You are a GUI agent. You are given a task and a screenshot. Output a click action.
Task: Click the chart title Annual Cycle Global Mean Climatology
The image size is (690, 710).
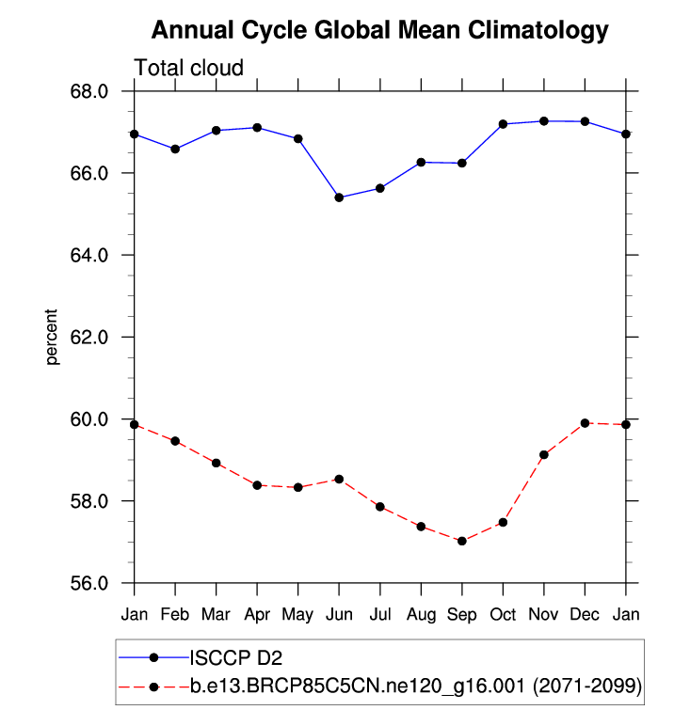point(379,31)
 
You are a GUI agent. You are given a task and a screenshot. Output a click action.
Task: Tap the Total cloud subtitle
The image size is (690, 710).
point(189,68)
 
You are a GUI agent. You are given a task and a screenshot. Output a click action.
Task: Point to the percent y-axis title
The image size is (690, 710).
point(53,337)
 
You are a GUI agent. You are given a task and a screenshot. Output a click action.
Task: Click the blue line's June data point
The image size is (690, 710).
point(339,197)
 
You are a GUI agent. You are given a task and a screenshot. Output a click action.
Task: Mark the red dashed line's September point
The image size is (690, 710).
point(461,541)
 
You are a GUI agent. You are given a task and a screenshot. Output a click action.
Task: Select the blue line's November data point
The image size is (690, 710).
point(543,121)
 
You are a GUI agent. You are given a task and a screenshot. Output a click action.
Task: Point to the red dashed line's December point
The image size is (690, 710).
point(585,423)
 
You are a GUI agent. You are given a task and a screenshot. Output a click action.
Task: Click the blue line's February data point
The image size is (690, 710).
point(175,149)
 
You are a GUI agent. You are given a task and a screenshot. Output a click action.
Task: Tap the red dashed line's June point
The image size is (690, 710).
point(339,479)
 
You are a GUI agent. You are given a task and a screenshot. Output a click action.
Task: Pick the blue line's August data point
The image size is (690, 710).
point(421,162)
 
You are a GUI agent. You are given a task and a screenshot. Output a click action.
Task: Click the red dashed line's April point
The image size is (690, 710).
point(257,485)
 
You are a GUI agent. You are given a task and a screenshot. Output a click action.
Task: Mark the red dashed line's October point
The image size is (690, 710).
point(503,522)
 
